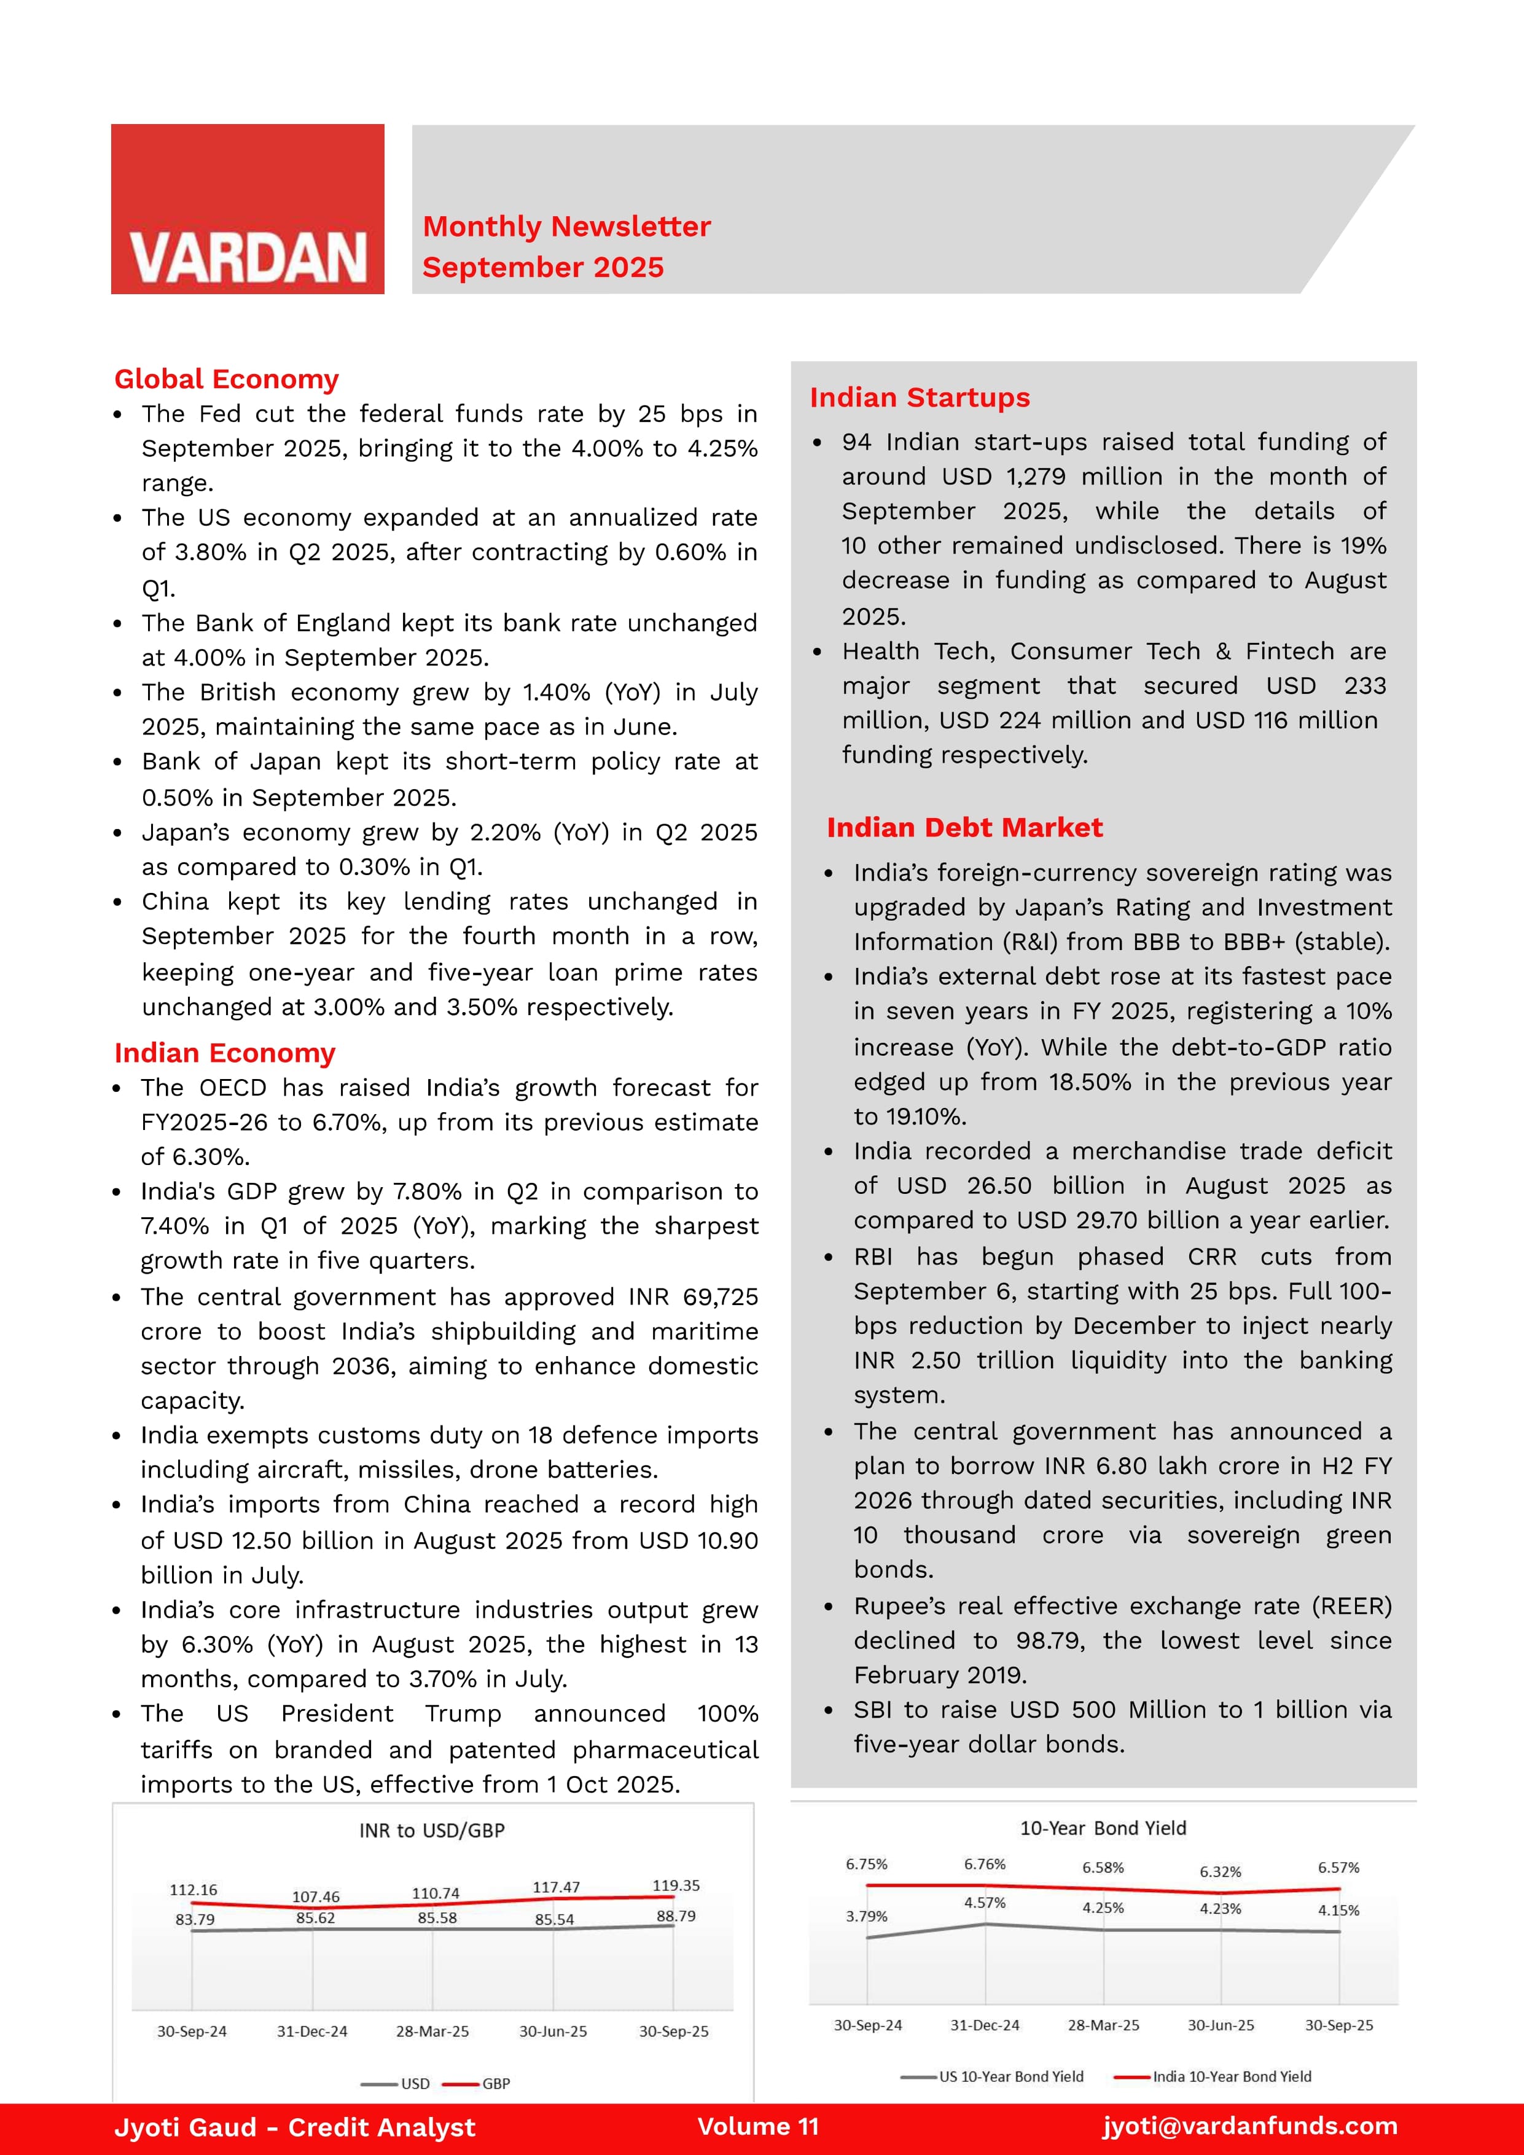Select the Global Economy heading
(226, 379)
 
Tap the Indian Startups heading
(920, 398)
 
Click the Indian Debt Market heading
(964, 828)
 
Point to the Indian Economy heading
(224, 1053)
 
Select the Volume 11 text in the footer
(758, 2126)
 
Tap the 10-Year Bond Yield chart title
(1103, 1828)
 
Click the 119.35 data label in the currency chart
(676, 1885)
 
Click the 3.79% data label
(866, 1917)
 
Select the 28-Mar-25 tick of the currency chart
(432, 2031)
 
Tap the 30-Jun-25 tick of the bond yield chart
(1221, 2025)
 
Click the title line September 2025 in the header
(543, 268)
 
